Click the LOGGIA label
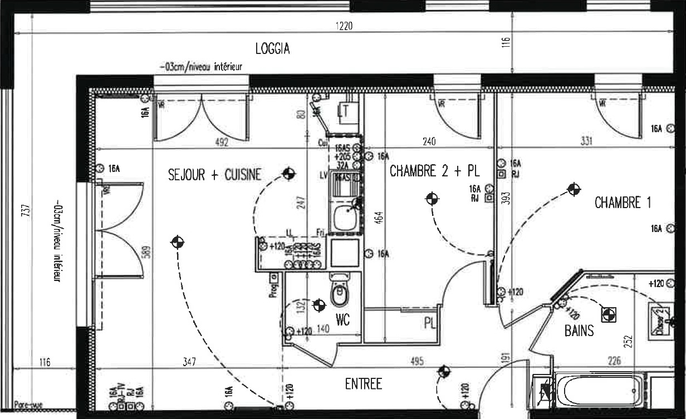point(272,49)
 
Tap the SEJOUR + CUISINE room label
point(214,175)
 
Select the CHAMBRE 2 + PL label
point(434,171)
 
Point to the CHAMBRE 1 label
point(623,203)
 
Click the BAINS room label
point(579,331)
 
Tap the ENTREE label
point(363,384)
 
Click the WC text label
point(342,320)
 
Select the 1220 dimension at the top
point(344,26)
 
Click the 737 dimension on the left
point(28,212)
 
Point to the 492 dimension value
point(222,142)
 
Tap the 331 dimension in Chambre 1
point(586,141)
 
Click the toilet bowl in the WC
point(339,293)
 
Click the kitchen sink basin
point(345,216)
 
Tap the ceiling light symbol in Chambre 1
point(573,189)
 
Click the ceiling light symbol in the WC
point(319,305)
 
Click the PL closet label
point(429,323)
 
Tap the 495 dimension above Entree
point(416,362)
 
